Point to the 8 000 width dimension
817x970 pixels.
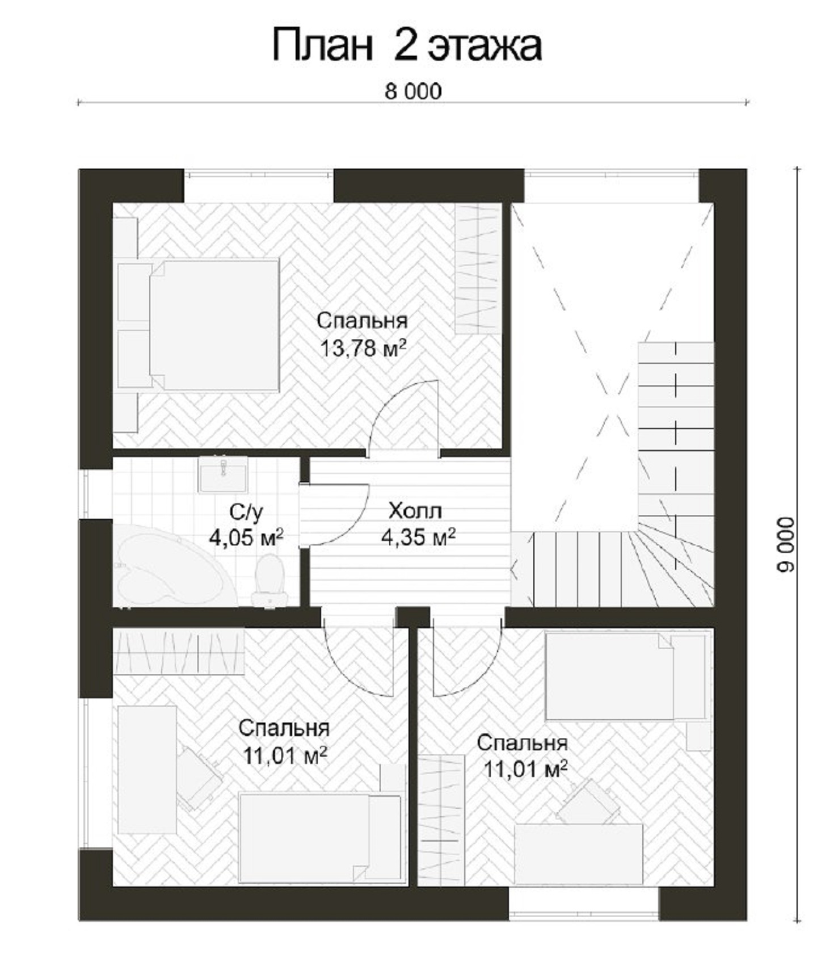pyautogui.click(x=413, y=91)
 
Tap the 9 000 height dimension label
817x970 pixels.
pyautogui.click(x=786, y=544)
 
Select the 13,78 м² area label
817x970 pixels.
pyautogui.click(x=364, y=348)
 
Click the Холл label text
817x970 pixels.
pyautogui.click(x=415, y=511)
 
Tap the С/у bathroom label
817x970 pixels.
pyautogui.click(x=246, y=512)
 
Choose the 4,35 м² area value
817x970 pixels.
pyautogui.click(x=418, y=536)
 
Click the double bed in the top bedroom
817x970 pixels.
pyautogui.click(x=198, y=325)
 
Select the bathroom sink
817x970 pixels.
pyautogui.click(x=222, y=474)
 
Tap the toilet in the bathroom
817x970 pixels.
pyautogui.click(x=269, y=581)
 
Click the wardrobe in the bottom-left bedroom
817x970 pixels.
pyautogui.click(x=179, y=651)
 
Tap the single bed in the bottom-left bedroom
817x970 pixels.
pyautogui.click(x=320, y=838)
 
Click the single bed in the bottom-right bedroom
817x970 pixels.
pyautogui.click(x=626, y=676)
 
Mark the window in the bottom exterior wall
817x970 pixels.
pyautogui.click(x=583, y=903)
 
